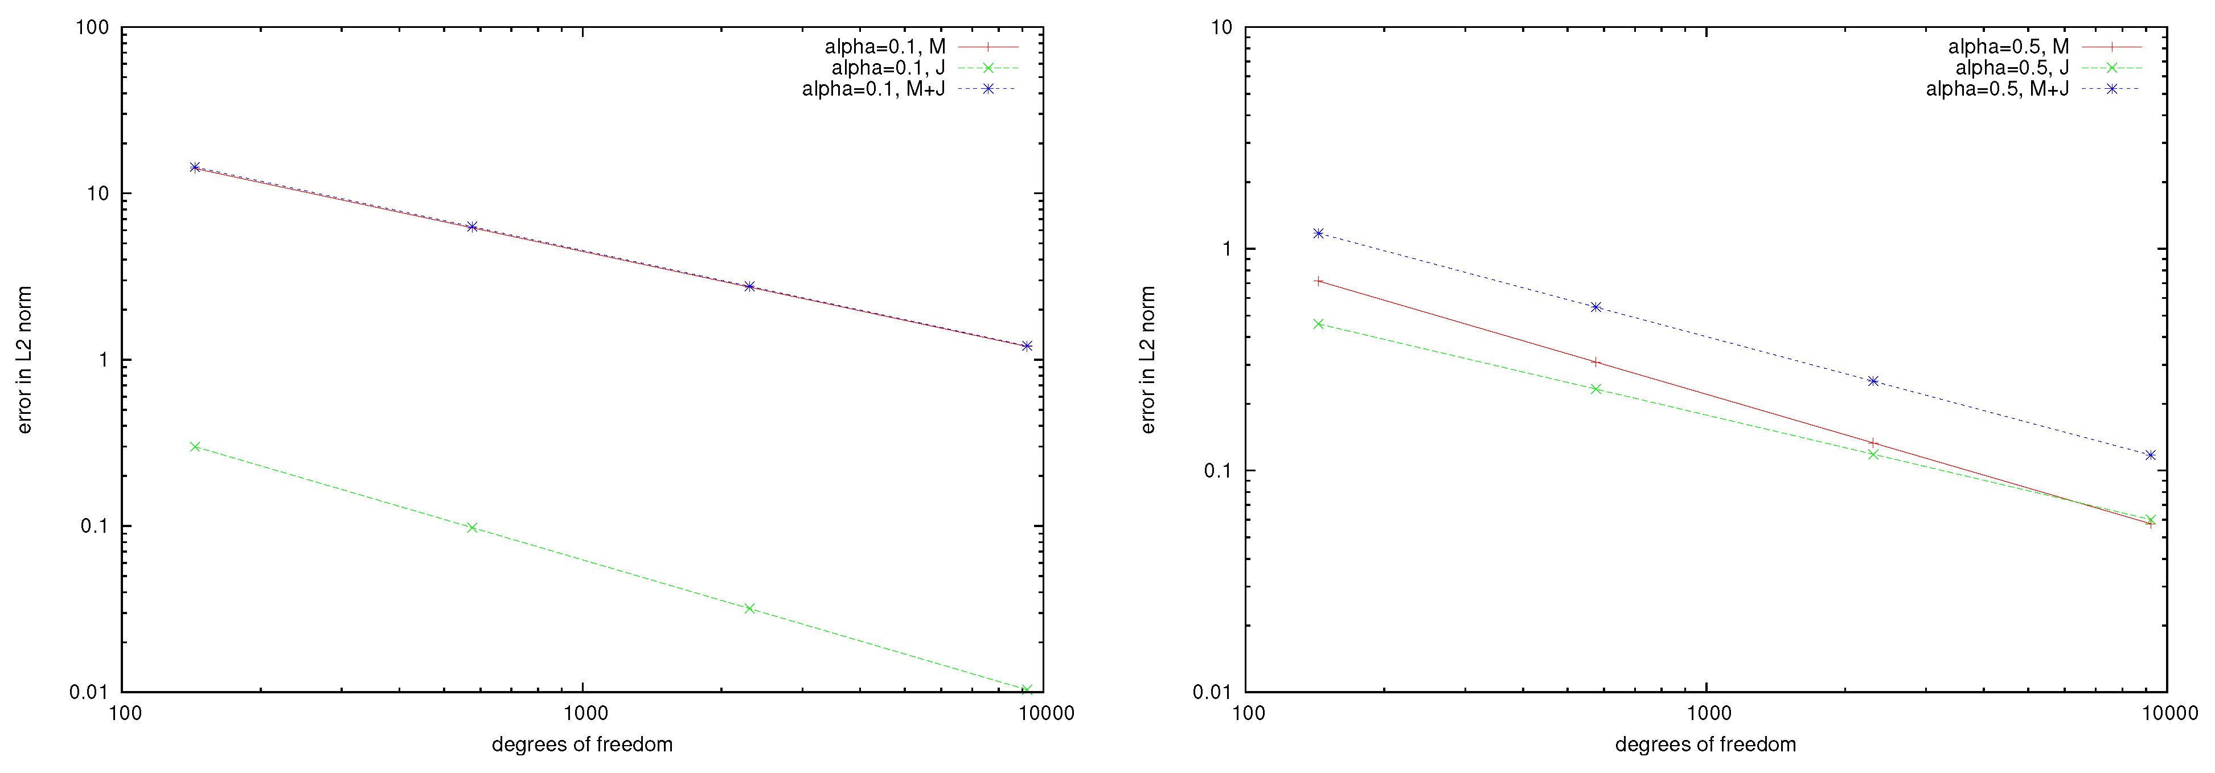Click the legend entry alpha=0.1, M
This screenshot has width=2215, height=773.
[x=885, y=47]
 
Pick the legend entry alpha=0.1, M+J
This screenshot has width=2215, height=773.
[x=873, y=89]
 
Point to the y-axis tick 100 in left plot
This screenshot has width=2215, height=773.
[x=92, y=27]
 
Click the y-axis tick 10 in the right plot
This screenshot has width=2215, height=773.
[x=1221, y=27]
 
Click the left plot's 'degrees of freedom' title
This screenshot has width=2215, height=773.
[x=582, y=745]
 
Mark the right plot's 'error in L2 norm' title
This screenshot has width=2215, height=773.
[x=1148, y=359]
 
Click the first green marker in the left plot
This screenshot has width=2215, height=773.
[x=195, y=447]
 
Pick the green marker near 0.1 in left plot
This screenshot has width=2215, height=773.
[x=472, y=528]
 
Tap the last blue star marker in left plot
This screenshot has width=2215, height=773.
[x=1027, y=346]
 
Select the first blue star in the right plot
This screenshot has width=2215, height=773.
[x=1318, y=233]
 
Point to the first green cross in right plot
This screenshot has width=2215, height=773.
[x=1318, y=324]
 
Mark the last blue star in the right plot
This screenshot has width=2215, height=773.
[x=2151, y=455]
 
